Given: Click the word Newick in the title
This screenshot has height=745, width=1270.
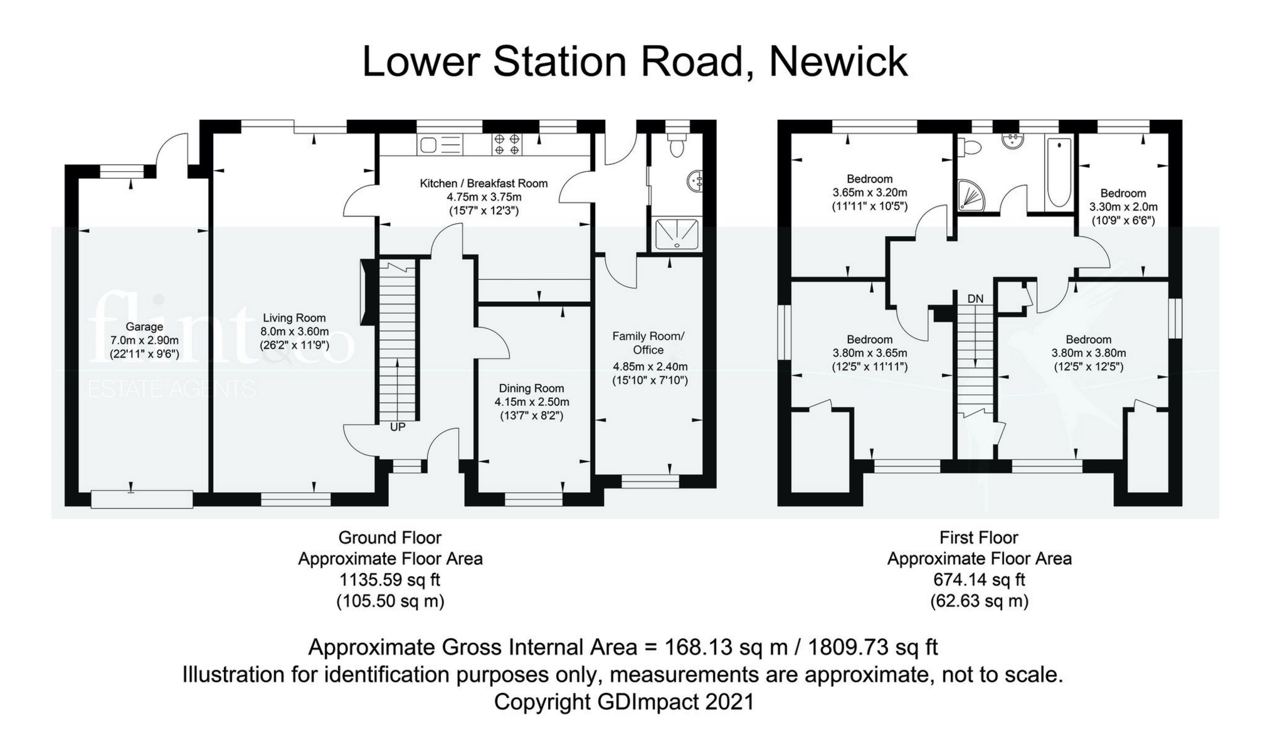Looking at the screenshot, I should point(837,61).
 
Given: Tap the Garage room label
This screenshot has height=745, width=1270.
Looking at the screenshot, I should point(144,327).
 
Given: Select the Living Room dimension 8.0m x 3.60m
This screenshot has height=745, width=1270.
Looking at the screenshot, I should point(294,332).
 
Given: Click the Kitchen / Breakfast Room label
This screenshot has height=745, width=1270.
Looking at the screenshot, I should point(484,183).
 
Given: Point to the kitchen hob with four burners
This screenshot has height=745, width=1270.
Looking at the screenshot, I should point(507,145).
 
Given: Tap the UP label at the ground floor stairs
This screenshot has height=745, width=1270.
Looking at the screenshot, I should point(398,427).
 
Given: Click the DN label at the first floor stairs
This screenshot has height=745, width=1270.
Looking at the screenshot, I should point(975,299).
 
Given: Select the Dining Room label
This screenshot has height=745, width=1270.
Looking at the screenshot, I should point(531,388).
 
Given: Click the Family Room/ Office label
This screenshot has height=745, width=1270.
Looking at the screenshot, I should point(648,343).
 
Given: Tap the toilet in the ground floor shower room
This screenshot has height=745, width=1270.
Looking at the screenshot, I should point(677,145).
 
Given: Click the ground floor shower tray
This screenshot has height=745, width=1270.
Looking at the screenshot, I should point(677,233).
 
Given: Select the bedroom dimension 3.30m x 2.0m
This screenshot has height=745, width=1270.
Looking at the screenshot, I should point(1123,207).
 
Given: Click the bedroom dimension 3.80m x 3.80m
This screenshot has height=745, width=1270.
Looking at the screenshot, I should point(1088,353).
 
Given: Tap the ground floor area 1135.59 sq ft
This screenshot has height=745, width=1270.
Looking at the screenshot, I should point(389,579).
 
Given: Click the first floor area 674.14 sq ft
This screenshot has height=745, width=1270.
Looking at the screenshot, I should point(979,579).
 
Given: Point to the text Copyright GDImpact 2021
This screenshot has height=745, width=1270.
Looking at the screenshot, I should point(623,702).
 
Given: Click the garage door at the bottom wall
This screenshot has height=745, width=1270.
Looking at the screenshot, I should point(142,499).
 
